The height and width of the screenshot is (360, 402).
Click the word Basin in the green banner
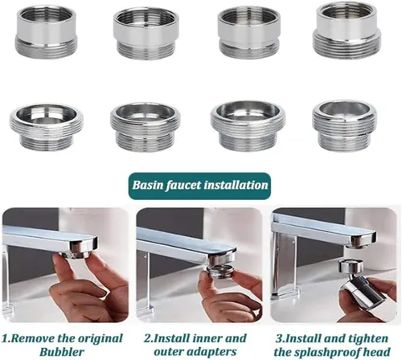click(x=148, y=185)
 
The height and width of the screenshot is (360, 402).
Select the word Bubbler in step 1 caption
click(x=62, y=351)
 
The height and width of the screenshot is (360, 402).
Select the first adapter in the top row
click(x=47, y=32)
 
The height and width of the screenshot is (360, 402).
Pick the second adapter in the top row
click(x=146, y=33)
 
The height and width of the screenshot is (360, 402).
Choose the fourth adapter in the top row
click(x=347, y=31)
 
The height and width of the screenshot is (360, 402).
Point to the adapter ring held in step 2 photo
click(x=219, y=272)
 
